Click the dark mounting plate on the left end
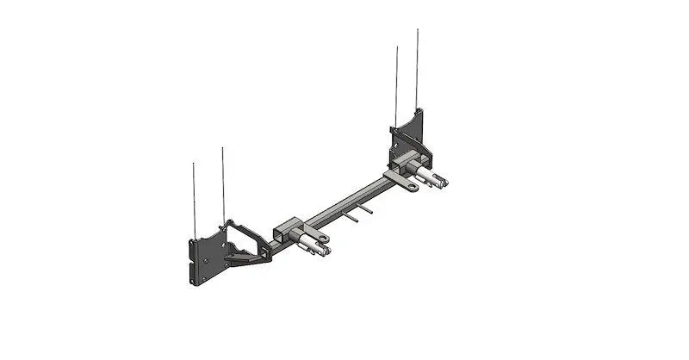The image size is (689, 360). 205,258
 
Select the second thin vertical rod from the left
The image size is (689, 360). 223,185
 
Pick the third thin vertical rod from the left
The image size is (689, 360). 397,86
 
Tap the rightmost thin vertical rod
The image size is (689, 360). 418,69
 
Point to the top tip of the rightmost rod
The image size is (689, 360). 418,30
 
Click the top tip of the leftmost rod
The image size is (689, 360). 194,164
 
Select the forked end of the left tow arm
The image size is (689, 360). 324,251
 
